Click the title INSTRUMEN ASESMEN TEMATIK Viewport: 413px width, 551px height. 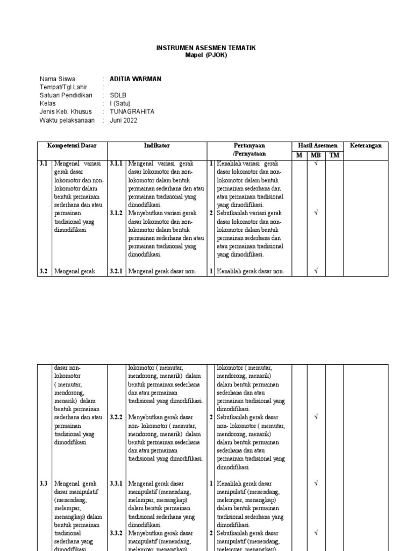coord(206,48)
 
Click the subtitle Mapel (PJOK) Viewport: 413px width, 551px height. coord(206,55)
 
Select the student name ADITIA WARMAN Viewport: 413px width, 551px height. coord(135,79)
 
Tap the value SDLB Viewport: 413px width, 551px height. coord(118,95)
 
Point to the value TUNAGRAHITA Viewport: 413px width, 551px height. coord(132,111)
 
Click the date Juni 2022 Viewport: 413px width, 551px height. coord(123,120)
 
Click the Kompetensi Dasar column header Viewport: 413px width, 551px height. coord(72,146)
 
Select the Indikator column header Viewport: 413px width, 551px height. coord(156,146)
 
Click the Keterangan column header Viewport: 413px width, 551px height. coord(366,146)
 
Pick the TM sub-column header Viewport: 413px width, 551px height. coord(334,155)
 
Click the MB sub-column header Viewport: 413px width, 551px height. coord(316,155)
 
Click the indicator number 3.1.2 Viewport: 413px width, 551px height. coord(117,213)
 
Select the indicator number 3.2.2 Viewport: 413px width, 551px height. coord(117,417)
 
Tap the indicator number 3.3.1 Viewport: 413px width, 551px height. coord(117,483)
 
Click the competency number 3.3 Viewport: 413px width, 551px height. coord(44,483)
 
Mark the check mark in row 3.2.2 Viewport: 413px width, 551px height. coord(316,417)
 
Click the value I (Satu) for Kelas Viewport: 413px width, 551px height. coord(120,103)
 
